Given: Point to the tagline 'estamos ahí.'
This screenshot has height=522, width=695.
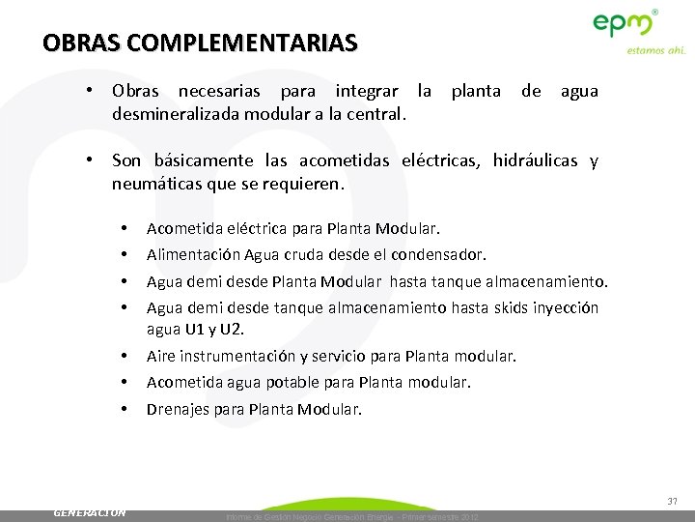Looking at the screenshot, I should tap(655, 50).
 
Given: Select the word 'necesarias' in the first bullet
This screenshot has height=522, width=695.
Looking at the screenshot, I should tap(221, 92).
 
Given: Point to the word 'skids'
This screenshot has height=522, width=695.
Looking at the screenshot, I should tap(506, 307).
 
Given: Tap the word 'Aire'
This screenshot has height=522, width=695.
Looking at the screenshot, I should tap(161, 356).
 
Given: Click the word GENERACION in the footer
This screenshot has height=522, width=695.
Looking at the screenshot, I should tap(90, 512).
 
